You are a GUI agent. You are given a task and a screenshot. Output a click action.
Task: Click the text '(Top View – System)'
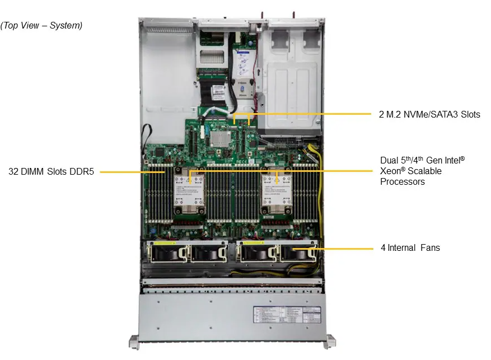(x=41, y=25)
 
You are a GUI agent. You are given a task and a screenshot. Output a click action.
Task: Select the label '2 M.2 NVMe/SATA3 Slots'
(x=429, y=114)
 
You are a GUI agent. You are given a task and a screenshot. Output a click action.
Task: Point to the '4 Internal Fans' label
(x=410, y=247)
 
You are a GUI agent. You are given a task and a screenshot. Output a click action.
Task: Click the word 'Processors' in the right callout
(x=402, y=181)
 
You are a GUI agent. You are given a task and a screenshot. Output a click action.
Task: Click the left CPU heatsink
(x=189, y=190)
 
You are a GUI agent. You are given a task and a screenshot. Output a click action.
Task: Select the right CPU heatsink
(x=277, y=190)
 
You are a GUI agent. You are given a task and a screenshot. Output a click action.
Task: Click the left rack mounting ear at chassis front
(x=134, y=340)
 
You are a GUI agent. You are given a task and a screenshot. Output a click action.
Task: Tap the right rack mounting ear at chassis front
(x=330, y=340)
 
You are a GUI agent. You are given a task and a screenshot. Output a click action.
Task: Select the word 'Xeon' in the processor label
(x=391, y=171)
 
